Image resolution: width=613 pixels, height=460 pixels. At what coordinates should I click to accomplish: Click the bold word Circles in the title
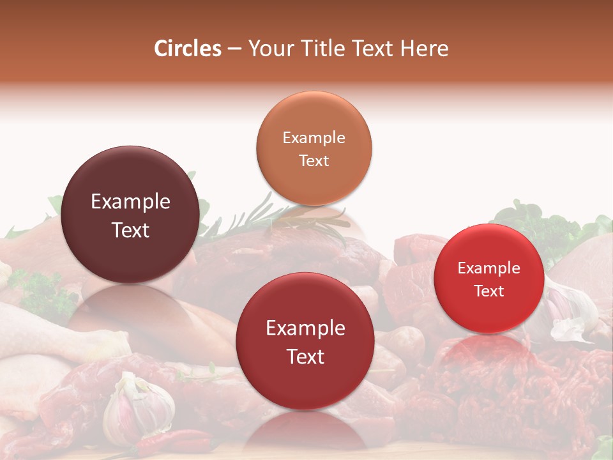tap(188, 49)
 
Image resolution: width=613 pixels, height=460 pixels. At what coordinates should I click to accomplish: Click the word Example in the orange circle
tap(314, 138)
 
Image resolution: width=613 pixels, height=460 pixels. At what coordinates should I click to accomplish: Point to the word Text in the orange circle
tap(314, 160)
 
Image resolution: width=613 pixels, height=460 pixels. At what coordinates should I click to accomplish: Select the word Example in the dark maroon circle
tap(130, 202)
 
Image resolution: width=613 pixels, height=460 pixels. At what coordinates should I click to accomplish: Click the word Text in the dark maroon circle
tap(130, 231)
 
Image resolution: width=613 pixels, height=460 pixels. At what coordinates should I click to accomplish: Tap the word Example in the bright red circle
tap(489, 268)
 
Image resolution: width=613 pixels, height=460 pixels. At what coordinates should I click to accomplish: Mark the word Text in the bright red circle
tap(489, 291)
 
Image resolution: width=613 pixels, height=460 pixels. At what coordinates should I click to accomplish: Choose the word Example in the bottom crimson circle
tap(305, 328)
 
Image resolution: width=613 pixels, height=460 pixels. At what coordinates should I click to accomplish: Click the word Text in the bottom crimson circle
tap(305, 356)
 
